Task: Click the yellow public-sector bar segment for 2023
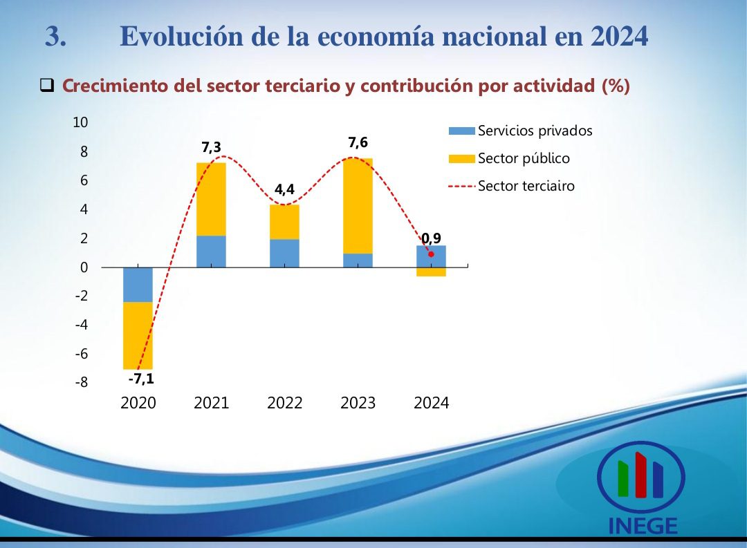click(358, 206)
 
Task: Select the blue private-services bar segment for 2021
click(211, 252)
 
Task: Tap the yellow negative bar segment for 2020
click(138, 335)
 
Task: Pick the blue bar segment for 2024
click(431, 256)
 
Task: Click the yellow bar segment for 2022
click(284, 222)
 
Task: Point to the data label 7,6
click(358, 143)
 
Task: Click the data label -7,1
click(140, 379)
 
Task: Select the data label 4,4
click(284, 190)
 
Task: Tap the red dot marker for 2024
click(431, 254)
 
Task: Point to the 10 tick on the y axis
click(81, 122)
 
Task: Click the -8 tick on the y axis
click(81, 382)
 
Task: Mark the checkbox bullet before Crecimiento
click(47, 86)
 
